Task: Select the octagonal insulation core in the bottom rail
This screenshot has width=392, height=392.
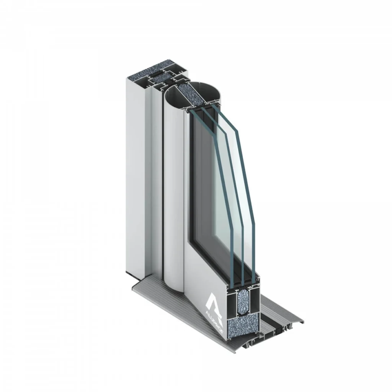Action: pyautogui.click(x=242, y=302)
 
